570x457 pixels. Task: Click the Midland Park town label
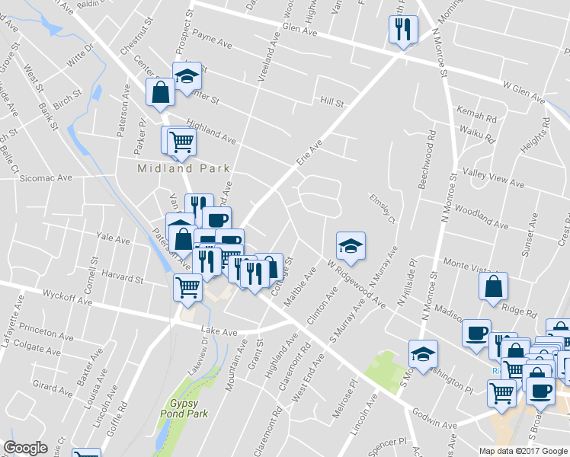coord(184,168)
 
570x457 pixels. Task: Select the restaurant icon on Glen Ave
coord(402,30)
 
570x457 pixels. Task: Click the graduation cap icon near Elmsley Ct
coord(351,245)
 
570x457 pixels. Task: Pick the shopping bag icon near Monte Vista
coord(494,286)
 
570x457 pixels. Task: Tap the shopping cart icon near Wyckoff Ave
coord(187,287)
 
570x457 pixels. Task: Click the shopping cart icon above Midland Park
coord(181,141)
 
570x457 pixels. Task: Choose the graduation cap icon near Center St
coord(187,75)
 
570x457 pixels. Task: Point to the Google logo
coord(26,448)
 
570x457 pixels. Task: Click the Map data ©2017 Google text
coord(524,451)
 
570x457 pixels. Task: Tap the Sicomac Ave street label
coord(46,177)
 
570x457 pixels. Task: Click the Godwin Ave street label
coord(436,424)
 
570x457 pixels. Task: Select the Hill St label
coord(332,102)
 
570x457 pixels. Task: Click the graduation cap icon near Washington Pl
coord(424,353)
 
